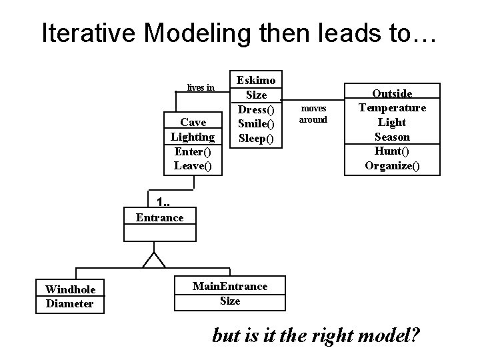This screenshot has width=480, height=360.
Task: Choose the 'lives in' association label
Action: click(201, 87)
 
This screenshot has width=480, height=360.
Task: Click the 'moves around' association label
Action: click(313, 113)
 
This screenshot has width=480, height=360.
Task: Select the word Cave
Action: click(193, 122)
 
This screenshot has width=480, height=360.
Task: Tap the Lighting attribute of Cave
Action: click(193, 137)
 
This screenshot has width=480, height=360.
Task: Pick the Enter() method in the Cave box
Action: click(193, 151)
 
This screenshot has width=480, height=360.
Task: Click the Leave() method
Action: click(193, 165)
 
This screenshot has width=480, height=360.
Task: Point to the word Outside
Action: click(392, 94)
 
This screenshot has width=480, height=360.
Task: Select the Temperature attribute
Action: click(392, 108)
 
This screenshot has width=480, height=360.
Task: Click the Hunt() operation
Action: click(392, 151)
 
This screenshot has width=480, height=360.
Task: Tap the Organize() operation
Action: click(392, 165)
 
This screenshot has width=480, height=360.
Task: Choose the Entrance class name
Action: click(159, 217)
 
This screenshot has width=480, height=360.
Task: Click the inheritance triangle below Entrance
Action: click(155, 260)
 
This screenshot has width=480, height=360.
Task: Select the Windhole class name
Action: click(70, 289)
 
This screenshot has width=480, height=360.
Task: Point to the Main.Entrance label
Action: click(230, 287)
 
